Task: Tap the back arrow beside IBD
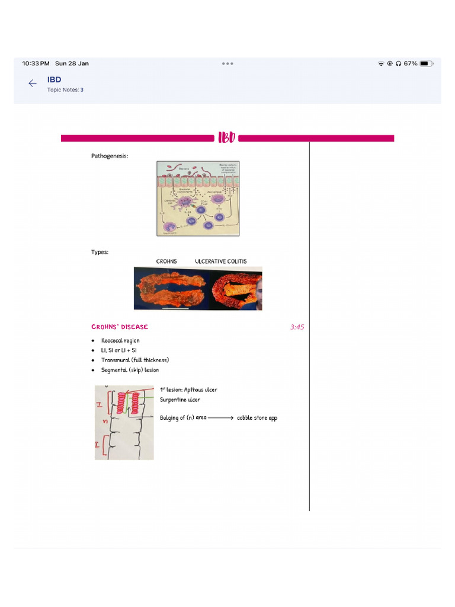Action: click(33, 84)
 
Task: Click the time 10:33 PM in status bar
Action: click(36, 63)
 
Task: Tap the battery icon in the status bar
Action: click(425, 63)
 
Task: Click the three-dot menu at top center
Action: click(227, 63)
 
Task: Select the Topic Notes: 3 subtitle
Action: click(65, 90)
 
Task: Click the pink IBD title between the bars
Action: click(227, 138)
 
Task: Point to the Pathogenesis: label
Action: click(110, 156)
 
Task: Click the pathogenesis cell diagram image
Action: click(198, 199)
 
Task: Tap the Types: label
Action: click(100, 252)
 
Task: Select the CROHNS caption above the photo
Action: click(166, 261)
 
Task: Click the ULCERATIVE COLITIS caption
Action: click(221, 261)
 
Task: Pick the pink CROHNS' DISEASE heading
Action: click(120, 327)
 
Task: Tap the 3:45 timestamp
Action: click(297, 327)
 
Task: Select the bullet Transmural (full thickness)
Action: click(135, 360)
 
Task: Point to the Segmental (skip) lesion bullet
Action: click(130, 370)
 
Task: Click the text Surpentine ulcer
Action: click(180, 400)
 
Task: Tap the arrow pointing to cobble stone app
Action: click(221, 418)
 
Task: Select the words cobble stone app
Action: click(257, 418)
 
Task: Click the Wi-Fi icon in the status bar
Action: click(381, 63)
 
